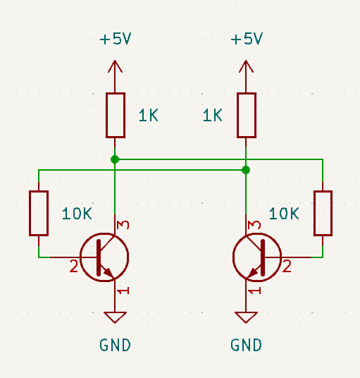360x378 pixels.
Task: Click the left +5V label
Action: tap(116, 39)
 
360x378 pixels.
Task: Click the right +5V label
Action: tap(246, 39)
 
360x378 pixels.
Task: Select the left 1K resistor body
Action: tap(116, 115)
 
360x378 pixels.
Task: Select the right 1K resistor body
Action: tap(246, 115)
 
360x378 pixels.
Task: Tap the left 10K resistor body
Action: tap(39, 213)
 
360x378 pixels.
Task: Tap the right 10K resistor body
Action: tap(323, 213)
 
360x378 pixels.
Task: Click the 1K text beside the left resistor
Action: tap(149, 116)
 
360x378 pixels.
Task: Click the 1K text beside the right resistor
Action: tap(212, 116)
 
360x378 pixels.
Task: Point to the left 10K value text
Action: tap(77, 214)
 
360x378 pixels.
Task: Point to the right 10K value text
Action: tap(285, 214)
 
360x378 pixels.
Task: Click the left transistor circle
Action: tap(104, 257)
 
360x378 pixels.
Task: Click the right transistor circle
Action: tap(256, 257)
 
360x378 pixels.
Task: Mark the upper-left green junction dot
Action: tap(115, 159)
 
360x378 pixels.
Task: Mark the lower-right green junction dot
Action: tap(246, 170)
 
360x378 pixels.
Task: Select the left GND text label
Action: tap(115, 346)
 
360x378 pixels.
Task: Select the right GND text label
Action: tap(246, 346)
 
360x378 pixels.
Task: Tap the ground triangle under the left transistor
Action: tap(115, 317)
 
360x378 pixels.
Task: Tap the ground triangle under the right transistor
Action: tap(246, 317)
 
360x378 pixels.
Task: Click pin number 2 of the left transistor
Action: tap(73, 267)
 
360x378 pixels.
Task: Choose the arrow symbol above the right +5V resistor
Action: tap(246, 67)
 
